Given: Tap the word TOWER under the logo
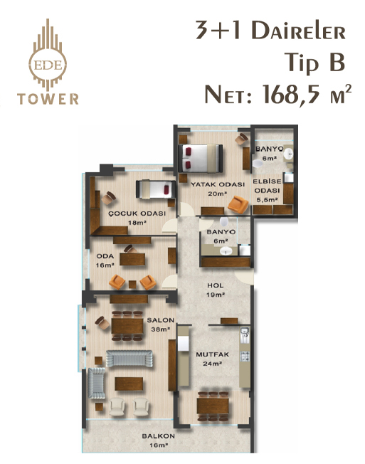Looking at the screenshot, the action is (x=48, y=99).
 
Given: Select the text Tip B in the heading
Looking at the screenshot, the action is (x=314, y=63).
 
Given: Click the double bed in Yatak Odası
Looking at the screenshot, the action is (x=200, y=158).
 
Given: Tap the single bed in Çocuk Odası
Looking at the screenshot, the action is (x=156, y=189).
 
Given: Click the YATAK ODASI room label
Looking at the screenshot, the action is (x=218, y=184).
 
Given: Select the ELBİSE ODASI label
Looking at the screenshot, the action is (x=267, y=186).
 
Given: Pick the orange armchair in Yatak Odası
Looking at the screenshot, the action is (x=238, y=204).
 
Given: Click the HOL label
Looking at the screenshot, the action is (x=216, y=285).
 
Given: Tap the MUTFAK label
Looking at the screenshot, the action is (x=212, y=354).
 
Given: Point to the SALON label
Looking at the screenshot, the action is (x=161, y=320).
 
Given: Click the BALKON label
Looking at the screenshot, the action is (x=158, y=436).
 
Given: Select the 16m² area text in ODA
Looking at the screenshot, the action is (x=105, y=265).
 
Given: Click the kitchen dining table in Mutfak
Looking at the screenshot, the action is (x=213, y=406).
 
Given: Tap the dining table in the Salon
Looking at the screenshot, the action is (x=127, y=326).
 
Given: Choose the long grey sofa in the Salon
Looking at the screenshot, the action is (x=129, y=359).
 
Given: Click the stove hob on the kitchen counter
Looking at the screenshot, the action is (x=245, y=357).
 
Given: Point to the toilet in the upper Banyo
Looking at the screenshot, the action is (x=258, y=164).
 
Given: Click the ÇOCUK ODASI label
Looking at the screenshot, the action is (x=137, y=213).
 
